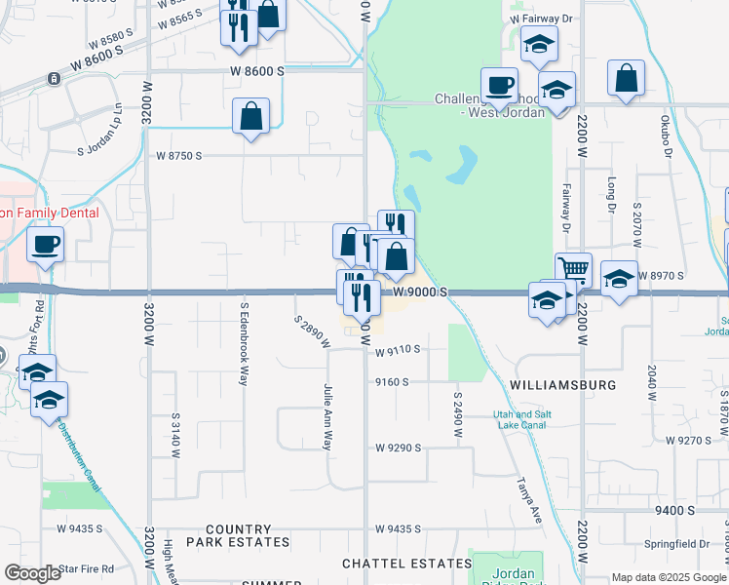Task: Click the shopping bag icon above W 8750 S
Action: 251,115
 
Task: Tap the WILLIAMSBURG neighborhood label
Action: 563,385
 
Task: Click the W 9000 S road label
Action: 420,292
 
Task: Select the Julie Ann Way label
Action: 327,415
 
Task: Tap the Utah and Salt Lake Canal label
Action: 522,419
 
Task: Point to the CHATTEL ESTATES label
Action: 406,564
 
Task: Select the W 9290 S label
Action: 398,448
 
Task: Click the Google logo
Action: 32,573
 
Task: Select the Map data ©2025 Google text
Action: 668,577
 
